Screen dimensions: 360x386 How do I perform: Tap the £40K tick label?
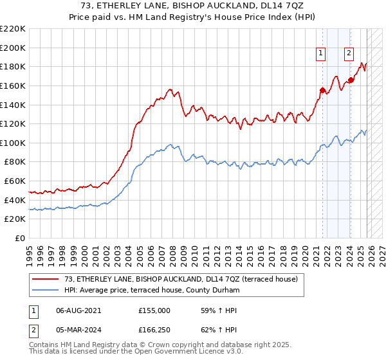15,200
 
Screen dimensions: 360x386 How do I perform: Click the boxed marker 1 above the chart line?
320,53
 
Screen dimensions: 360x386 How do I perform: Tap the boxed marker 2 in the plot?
349,53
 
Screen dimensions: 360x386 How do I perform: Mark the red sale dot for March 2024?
351,80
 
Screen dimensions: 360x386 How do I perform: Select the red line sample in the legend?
46,280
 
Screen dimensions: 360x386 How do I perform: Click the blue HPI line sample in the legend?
46,291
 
